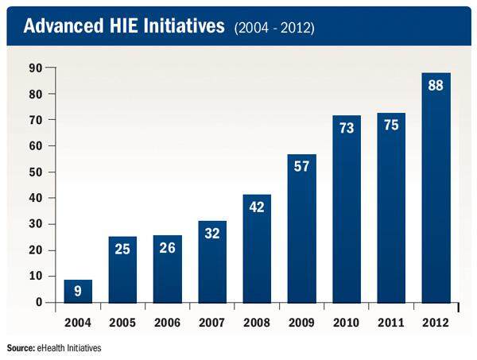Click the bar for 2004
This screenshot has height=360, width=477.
coord(78,291)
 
